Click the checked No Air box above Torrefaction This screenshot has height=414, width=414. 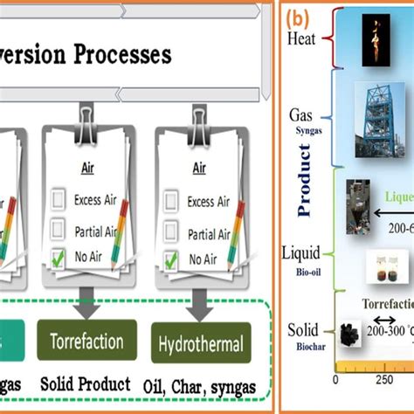click(x=59, y=259)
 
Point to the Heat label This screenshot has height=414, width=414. click(x=301, y=38)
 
